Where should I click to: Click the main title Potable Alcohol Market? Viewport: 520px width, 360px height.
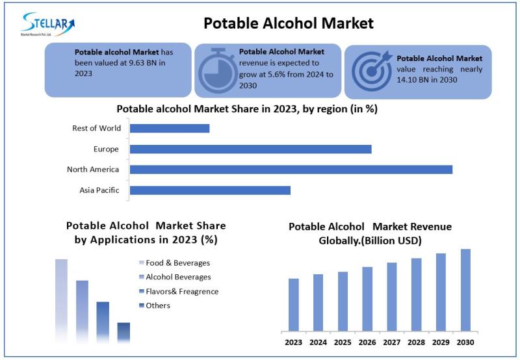tap(289, 23)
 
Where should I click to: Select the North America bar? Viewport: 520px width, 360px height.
tap(291, 170)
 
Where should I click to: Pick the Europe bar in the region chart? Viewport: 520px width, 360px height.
tap(251, 149)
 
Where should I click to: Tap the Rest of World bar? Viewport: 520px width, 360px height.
tap(170, 128)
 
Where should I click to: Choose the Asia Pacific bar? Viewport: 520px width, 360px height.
tap(210, 190)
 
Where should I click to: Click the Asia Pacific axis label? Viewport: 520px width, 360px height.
tap(99, 190)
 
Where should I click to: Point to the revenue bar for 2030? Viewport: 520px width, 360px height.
tap(465, 290)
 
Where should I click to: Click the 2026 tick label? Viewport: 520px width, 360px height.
tap(367, 342)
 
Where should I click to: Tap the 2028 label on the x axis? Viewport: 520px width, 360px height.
tap(416, 342)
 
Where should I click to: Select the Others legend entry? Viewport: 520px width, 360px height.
tap(158, 305)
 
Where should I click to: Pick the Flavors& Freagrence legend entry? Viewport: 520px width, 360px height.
tap(182, 292)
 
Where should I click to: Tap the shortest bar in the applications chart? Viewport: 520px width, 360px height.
tap(123, 332)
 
